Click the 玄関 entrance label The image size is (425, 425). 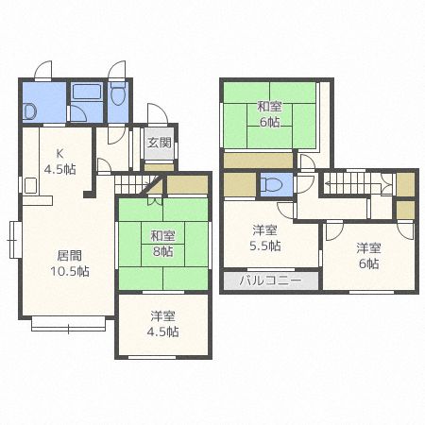click(x=159, y=144)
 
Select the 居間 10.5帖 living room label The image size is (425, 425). click(x=69, y=262)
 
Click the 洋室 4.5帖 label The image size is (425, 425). click(x=161, y=324)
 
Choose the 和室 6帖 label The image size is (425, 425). click(x=268, y=113)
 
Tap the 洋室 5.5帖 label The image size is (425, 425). click(x=264, y=238)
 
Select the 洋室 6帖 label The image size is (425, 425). click(x=367, y=256)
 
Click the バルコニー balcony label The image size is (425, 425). click(x=270, y=280)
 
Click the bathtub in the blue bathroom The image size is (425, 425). click(x=87, y=93)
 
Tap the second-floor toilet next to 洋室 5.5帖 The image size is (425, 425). click(x=272, y=183)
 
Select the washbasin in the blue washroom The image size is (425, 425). click(x=29, y=110)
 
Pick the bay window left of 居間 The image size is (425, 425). click(x=12, y=241)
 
